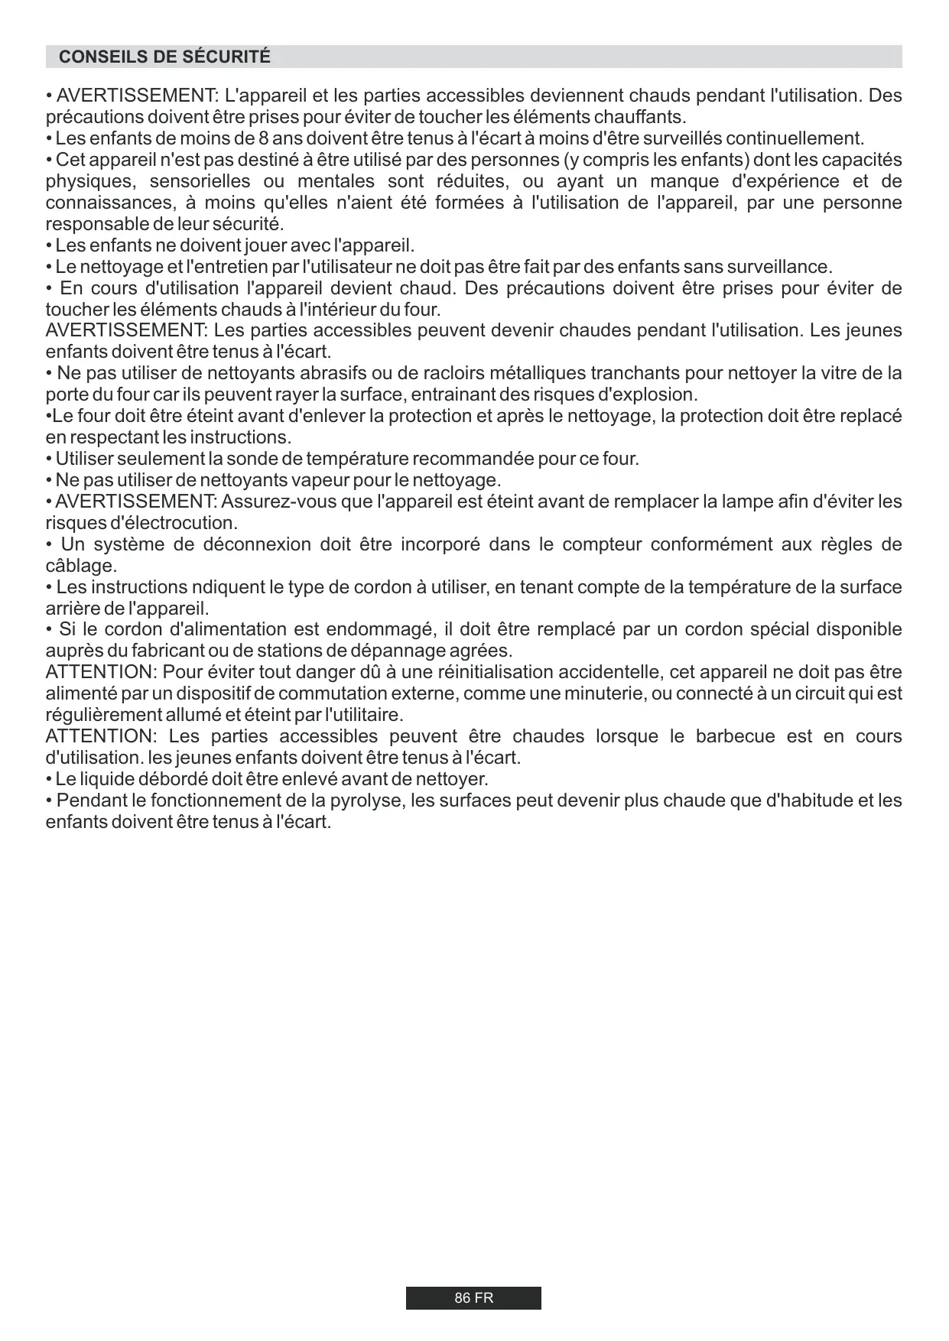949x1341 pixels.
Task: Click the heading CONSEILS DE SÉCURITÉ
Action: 164,57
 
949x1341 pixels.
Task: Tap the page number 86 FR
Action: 473,1298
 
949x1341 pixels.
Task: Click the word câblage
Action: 81,567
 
